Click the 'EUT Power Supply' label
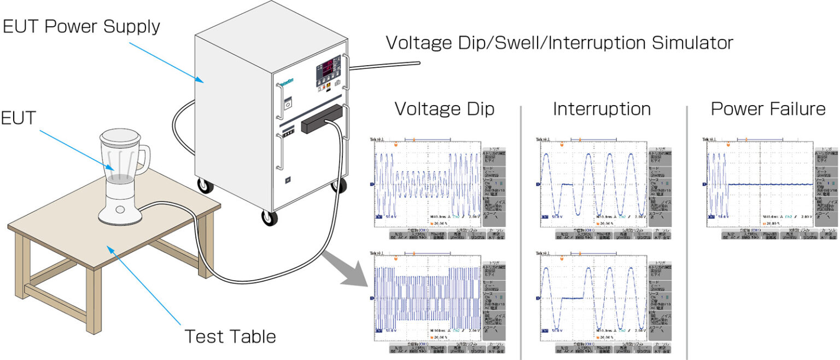81,27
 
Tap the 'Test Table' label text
230,336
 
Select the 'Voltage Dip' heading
444,109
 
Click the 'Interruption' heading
602,109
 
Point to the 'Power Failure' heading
768,109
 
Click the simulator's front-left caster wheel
269,218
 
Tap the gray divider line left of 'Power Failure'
686,230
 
